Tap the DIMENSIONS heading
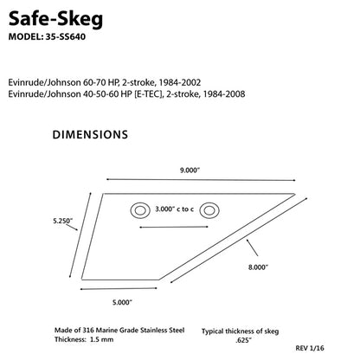[91, 135]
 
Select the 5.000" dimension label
[121, 301]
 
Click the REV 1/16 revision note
[335, 349]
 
